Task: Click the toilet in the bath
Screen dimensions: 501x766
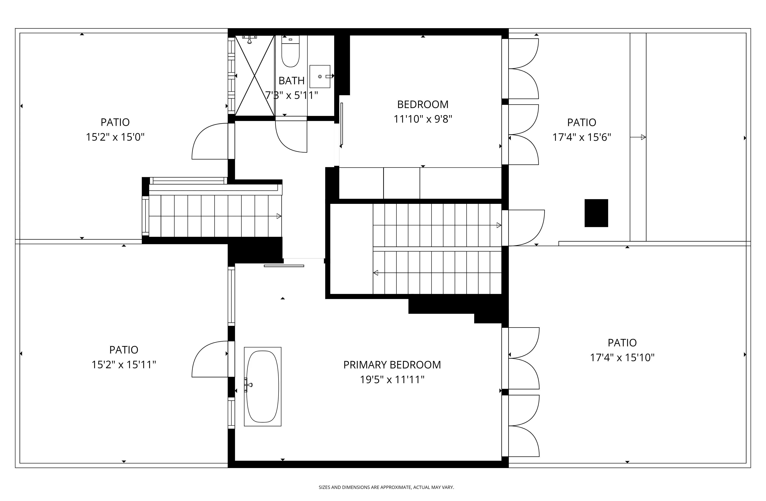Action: pyautogui.click(x=290, y=53)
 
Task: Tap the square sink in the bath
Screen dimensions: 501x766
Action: pyautogui.click(x=320, y=77)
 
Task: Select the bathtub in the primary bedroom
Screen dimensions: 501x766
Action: pyautogui.click(x=263, y=386)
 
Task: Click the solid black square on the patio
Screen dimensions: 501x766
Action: pyautogui.click(x=596, y=213)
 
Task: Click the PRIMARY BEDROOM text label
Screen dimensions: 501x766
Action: pyautogui.click(x=392, y=365)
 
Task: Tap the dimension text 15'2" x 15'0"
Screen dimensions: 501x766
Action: pyautogui.click(x=115, y=137)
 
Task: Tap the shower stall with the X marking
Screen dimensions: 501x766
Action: pyautogui.click(x=254, y=76)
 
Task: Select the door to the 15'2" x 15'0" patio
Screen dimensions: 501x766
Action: pyautogui.click(x=209, y=142)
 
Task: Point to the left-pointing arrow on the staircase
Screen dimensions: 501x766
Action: pyautogui.click(x=376, y=273)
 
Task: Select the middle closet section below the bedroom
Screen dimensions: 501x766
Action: pyautogui.click(x=401, y=183)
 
